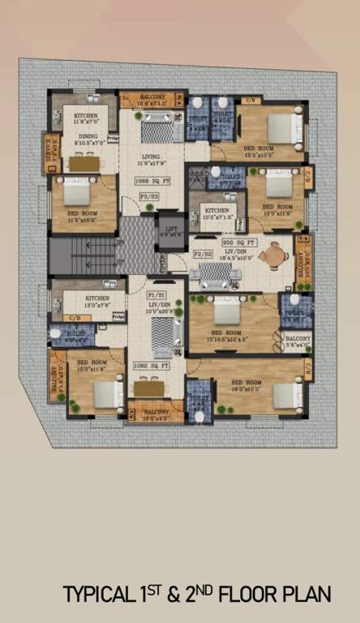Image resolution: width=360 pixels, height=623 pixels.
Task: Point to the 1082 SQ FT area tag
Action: (x=151, y=365)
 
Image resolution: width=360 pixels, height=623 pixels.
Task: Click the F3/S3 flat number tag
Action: (x=148, y=195)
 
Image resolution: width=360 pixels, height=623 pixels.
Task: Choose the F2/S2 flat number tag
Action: (x=202, y=254)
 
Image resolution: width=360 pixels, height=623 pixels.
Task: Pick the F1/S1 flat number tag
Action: (x=156, y=294)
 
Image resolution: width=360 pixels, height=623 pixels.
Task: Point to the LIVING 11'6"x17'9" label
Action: (x=149, y=161)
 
